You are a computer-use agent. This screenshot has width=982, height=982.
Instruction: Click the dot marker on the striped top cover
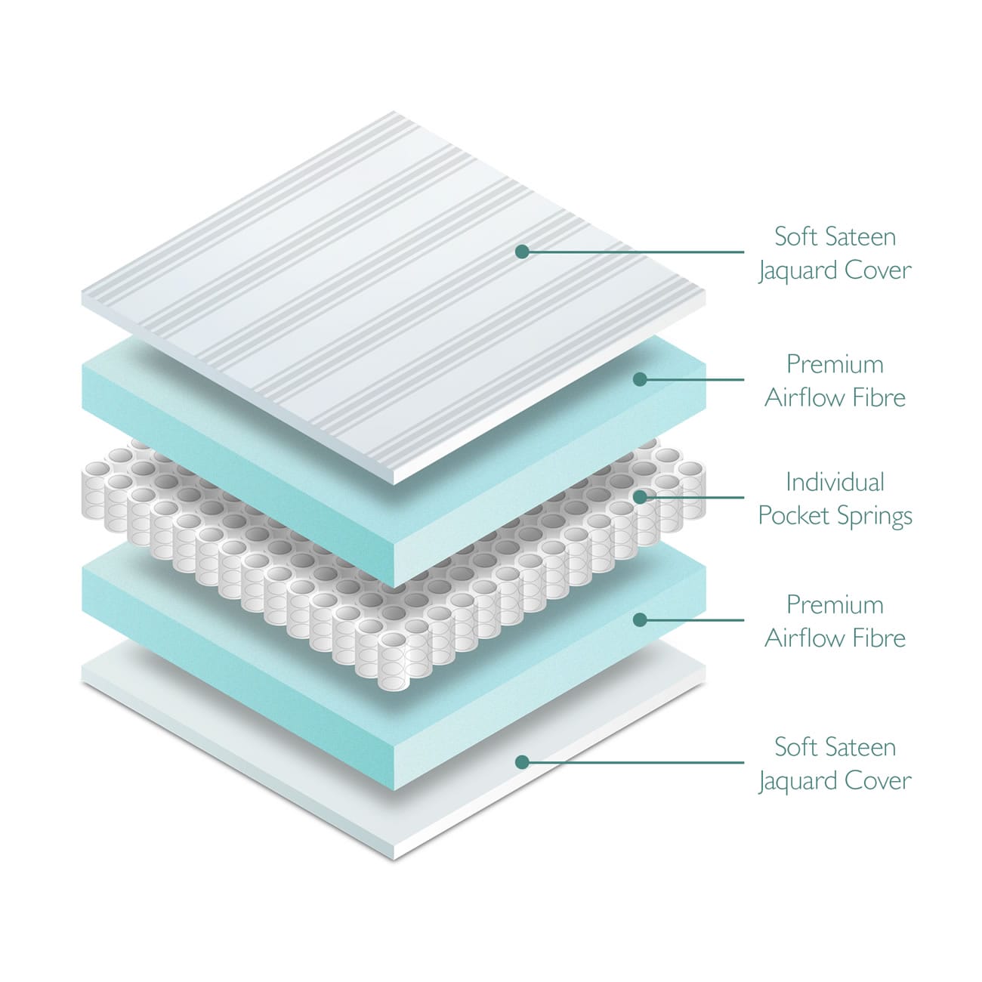point(522,252)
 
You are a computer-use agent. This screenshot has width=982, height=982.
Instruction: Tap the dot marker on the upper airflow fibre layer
point(640,379)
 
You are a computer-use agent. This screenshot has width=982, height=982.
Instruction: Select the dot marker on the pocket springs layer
point(640,497)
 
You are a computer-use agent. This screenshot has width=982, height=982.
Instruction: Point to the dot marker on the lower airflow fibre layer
point(640,619)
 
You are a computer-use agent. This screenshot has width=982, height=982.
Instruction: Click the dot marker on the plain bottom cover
point(522,762)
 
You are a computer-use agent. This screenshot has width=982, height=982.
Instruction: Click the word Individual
point(835,482)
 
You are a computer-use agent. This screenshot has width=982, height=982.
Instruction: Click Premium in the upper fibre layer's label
point(835,364)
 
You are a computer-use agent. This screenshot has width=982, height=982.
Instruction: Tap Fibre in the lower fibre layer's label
point(880,638)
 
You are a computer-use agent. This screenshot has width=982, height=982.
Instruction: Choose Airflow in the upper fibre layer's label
point(806,397)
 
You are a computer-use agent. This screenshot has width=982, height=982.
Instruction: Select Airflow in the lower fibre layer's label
point(806,638)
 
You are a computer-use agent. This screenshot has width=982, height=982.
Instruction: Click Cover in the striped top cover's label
point(878,270)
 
